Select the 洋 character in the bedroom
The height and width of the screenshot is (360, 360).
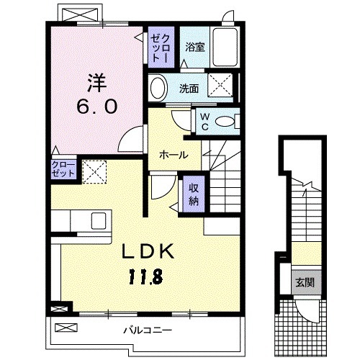(x=98, y=80)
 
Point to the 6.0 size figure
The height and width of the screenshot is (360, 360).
(x=98, y=105)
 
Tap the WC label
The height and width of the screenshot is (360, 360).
(x=204, y=122)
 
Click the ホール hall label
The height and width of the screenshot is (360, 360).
(x=174, y=155)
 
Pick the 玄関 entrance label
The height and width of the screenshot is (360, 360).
(x=302, y=282)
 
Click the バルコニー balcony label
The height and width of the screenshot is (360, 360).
(x=147, y=330)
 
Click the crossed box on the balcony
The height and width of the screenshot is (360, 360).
(x=66, y=328)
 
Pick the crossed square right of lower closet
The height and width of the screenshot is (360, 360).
(x=91, y=171)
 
